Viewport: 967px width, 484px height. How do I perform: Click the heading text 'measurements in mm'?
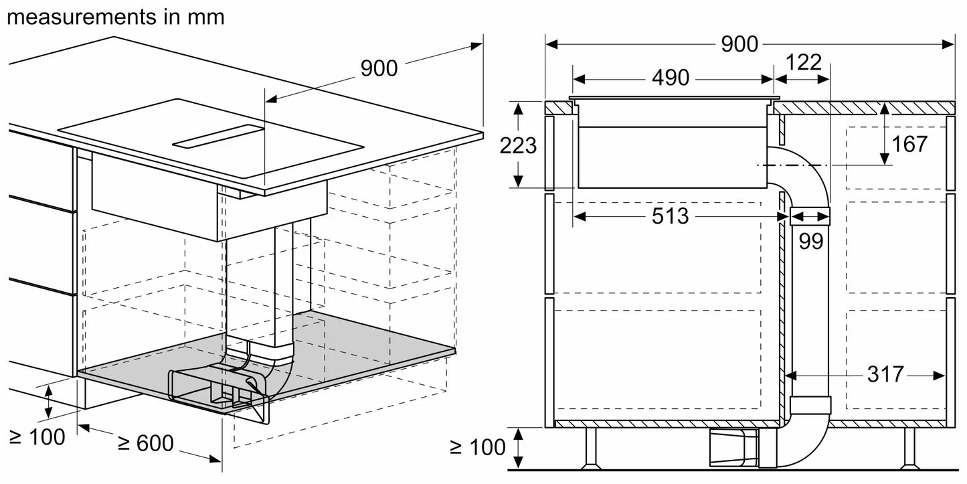pyautogui.click(x=115, y=17)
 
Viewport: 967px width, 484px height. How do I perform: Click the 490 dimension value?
pyautogui.click(x=670, y=78)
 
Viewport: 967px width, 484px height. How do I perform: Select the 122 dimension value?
pyautogui.click(x=803, y=63)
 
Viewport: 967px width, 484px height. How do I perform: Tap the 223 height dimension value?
pyautogui.click(x=518, y=145)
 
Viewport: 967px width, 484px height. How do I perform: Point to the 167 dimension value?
pyautogui.click(x=909, y=144)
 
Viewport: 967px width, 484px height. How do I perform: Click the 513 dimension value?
pyautogui.click(x=669, y=216)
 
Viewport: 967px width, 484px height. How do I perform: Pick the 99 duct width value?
pyautogui.click(x=810, y=241)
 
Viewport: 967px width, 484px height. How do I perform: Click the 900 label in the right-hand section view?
pyautogui.click(x=739, y=44)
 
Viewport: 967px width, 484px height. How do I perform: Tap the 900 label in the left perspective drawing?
pyautogui.click(x=379, y=68)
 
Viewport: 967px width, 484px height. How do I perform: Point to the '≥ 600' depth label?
pyautogui.click(x=146, y=442)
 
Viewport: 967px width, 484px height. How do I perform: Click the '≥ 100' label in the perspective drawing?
pyautogui.click(x=37, y=438)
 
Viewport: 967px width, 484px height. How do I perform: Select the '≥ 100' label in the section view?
pyautogui.click(x=478, y=447)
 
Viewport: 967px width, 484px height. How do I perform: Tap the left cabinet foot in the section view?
pyautogui.click(x=591, y=449)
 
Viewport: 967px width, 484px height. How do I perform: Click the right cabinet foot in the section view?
pyautogui.click(x=909, y=449)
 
